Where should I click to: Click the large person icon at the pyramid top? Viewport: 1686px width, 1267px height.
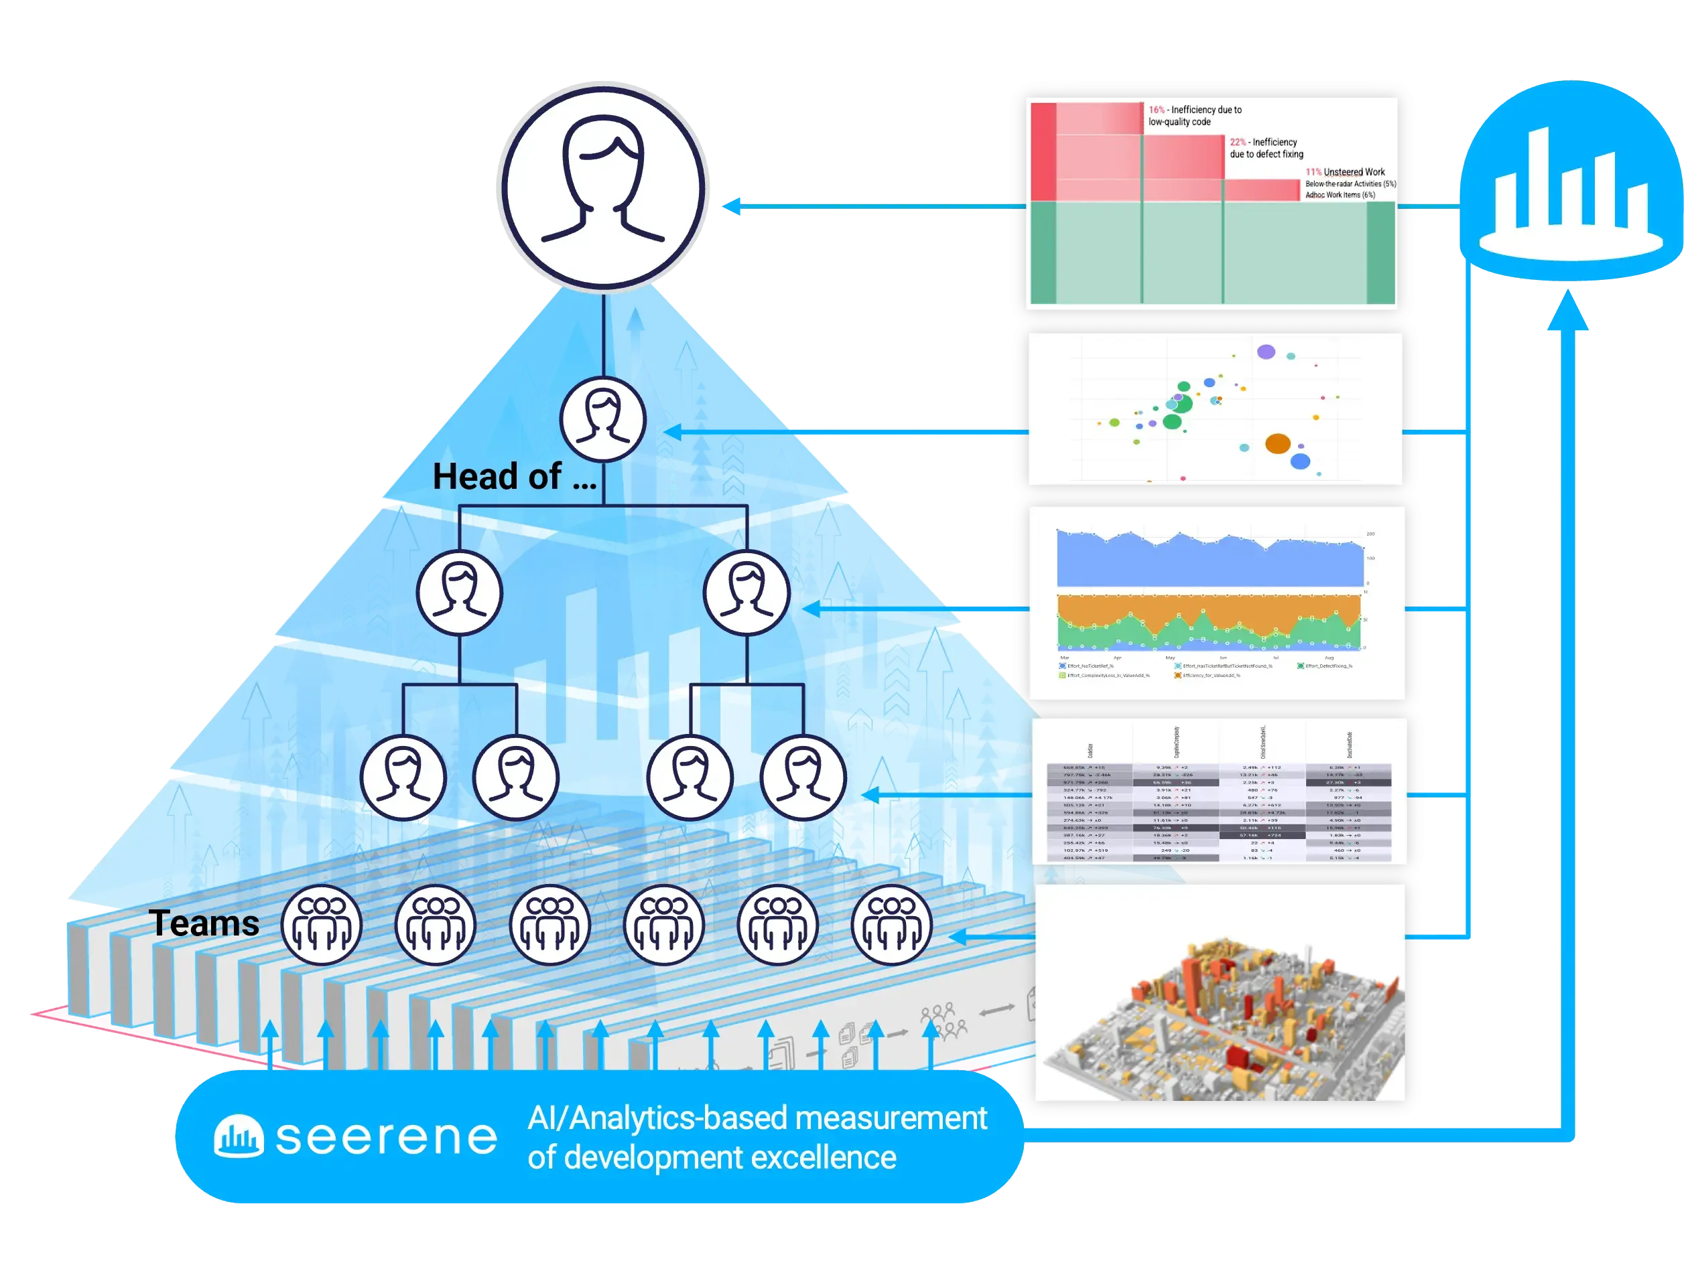click(x=603, y=188)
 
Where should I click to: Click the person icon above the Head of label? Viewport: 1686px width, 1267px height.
click(x=603, y=419)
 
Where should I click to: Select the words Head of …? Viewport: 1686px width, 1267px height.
click(x=515, y=477)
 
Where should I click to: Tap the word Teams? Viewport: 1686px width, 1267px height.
click(x=204, y=923)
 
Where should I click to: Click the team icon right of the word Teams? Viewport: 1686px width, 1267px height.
click(x=321, y=924)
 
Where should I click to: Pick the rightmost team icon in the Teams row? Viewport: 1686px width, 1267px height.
click(x=891, y=924)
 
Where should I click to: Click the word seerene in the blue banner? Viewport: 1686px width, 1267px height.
click(x=387, y=1138)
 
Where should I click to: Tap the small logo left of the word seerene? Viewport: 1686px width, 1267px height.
click(x=239, y=1136)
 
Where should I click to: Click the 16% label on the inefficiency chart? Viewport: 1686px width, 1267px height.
click(x=1156, y=110)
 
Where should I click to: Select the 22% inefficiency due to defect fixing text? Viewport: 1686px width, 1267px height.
click(x=1266, y=148)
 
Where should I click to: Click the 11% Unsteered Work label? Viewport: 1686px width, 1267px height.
click(x=1346, y=172)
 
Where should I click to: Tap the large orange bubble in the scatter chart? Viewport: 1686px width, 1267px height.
click(x=1277, y=443)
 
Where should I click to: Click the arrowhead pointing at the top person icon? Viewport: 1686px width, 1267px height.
click(x=733, y=206)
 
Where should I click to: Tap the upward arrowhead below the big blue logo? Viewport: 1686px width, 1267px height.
click(x=1568, y=312)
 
